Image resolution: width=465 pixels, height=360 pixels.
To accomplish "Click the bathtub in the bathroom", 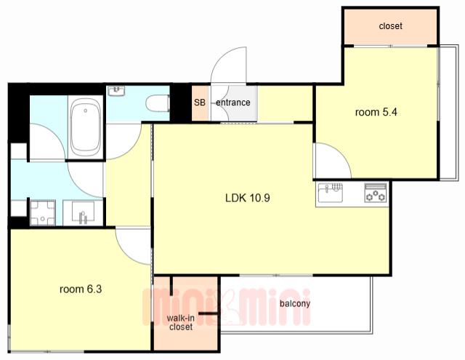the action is (86, 127).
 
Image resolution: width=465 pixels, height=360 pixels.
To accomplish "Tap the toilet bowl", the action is (158, 103).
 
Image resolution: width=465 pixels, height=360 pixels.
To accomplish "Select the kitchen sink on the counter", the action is (330, 193).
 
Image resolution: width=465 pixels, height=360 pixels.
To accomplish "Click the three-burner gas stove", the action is (376, 193).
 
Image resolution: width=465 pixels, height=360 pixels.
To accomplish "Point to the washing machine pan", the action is (43, 213).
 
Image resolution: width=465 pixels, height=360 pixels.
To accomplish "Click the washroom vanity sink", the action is (83, 213).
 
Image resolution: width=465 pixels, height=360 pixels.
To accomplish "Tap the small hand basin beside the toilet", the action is (116, 91).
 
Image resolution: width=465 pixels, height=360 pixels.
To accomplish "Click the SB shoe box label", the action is (200, 103).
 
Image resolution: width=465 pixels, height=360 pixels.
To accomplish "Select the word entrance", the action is (233, 103).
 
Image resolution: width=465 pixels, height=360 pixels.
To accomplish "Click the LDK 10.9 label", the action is (248, 198).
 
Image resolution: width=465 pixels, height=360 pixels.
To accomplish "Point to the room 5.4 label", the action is (376, 112).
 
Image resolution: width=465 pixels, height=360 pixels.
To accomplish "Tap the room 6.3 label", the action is (81, 289).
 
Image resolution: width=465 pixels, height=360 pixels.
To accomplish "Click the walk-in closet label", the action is (181, 323).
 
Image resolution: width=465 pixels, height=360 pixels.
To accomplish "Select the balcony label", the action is (295, 303).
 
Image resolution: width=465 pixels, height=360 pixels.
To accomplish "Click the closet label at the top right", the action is (391, 26).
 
